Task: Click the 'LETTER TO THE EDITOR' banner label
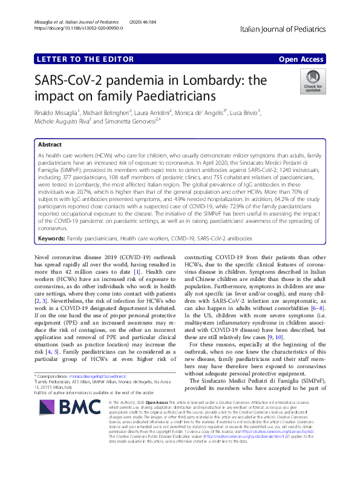(85, 59)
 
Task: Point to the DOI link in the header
(79, 28)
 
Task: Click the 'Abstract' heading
(50, 145)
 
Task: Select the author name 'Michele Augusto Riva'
(62, 122)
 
